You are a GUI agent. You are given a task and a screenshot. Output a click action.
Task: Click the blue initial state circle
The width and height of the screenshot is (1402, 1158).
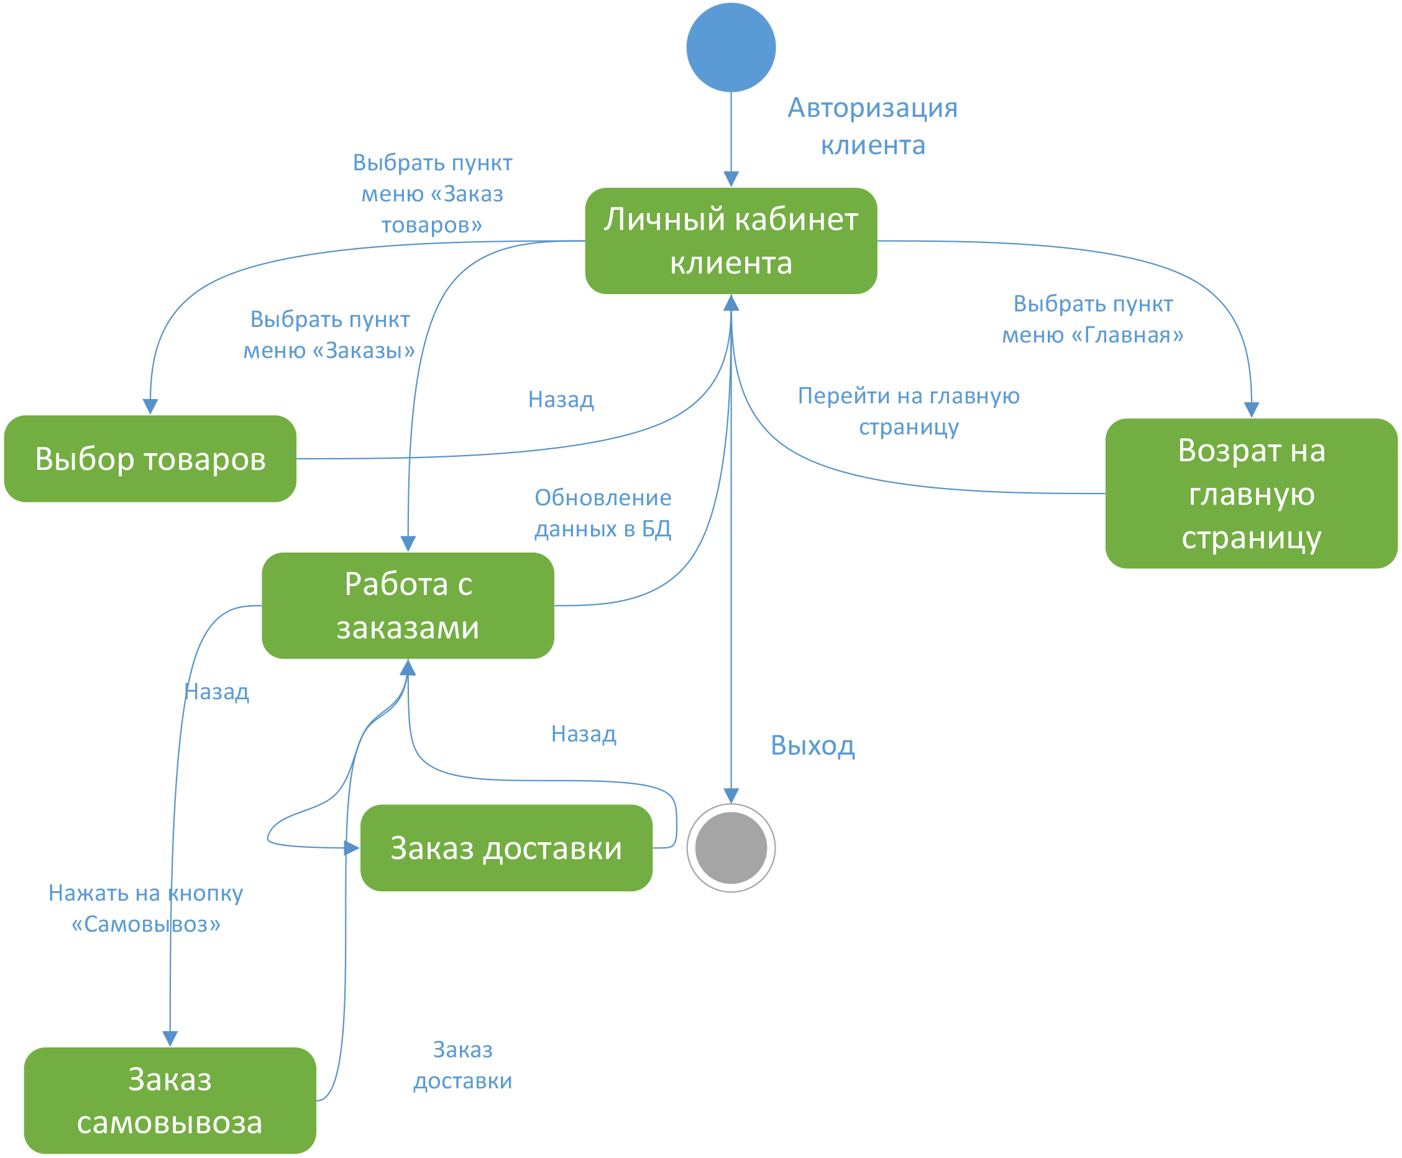pos(730,47)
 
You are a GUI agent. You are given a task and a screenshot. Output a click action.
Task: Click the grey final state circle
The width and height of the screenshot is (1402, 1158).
pos(730,848)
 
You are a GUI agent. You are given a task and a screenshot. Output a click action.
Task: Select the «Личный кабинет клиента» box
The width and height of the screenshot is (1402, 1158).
pos(730,241)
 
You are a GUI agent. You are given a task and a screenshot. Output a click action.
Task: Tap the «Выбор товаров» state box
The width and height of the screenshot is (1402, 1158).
pos(150,459)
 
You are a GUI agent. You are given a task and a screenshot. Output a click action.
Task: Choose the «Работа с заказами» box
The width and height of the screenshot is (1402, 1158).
pos(408,605)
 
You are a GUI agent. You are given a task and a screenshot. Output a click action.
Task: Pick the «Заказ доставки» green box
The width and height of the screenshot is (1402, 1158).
pos(506,848)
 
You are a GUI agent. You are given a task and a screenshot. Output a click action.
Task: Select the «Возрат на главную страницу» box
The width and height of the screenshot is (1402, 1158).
pos(1251,494)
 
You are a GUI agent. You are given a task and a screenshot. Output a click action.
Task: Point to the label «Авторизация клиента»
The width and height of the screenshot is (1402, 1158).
pos(873,126)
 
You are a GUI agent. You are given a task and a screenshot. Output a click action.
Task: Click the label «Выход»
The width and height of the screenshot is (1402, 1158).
pos(812,745)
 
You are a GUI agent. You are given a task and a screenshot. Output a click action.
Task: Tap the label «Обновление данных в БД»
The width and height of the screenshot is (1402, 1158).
pos(603,513)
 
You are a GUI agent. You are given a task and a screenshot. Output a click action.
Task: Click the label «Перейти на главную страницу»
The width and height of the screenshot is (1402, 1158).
pos(909,411)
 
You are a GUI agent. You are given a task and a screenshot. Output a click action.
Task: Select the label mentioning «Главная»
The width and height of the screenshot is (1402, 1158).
pos(1093,319)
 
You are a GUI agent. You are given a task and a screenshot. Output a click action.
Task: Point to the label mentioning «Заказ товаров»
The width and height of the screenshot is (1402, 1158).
pos(432,193)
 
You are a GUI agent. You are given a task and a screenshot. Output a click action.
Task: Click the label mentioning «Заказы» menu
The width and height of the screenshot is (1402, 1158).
pos(329,334)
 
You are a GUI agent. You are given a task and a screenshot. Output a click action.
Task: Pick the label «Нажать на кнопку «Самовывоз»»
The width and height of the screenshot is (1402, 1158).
pos(145,909)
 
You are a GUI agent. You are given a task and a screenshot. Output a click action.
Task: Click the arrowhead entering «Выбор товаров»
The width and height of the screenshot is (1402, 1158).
pos(150,407)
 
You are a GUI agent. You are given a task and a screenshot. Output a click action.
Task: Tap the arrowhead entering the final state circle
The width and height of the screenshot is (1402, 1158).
pos(731,796)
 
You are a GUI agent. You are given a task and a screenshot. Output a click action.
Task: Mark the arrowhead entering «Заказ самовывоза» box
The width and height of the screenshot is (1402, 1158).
pos(170,1039)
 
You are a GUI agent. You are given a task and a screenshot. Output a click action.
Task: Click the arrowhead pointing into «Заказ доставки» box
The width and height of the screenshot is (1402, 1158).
pos(352,848)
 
